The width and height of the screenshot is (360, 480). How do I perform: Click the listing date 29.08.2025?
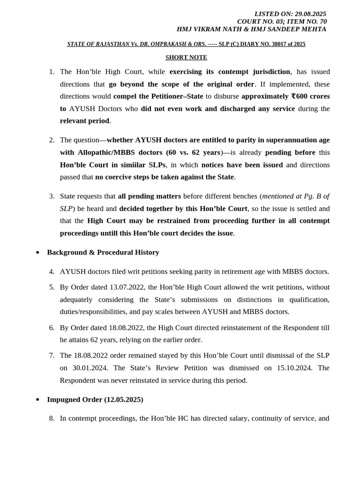310,14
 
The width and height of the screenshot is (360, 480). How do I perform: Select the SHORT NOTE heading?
186,57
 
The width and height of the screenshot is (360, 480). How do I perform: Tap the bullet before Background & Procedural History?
37,253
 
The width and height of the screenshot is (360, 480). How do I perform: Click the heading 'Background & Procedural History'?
103,252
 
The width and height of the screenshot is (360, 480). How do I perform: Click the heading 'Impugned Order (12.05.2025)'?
95,399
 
